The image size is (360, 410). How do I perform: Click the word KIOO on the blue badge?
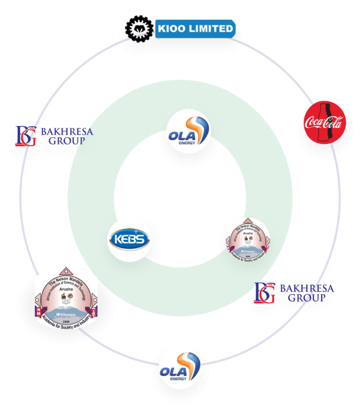(173, 28)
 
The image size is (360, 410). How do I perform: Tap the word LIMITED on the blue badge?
(210, 28)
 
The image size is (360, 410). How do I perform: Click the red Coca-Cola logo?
(323, 123)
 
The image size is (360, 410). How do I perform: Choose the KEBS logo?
(128, 240)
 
